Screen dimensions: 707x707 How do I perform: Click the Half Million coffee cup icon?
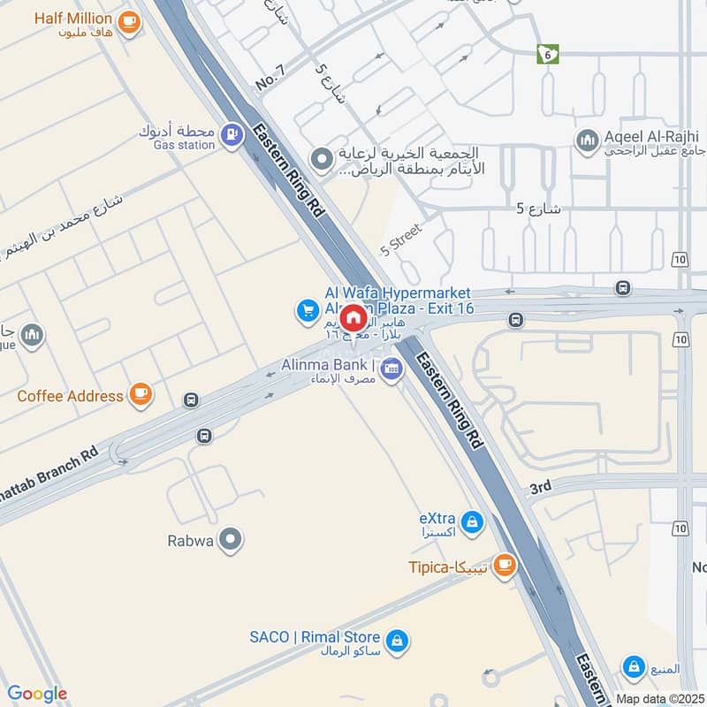129,22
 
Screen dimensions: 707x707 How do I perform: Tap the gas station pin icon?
232,135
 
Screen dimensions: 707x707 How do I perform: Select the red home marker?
353,317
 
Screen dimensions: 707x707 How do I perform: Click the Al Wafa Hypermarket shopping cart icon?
308,310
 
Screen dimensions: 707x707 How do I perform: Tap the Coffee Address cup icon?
140,395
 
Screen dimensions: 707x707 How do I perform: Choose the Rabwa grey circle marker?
231,539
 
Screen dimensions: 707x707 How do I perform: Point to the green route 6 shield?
548,54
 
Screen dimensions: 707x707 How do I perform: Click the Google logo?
37,694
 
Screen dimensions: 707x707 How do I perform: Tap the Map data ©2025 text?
658,698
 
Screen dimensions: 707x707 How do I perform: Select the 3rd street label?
540,487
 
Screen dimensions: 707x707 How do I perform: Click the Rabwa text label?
189,540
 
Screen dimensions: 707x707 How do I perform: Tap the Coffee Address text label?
70,396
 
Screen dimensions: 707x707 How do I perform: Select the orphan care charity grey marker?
323,159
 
